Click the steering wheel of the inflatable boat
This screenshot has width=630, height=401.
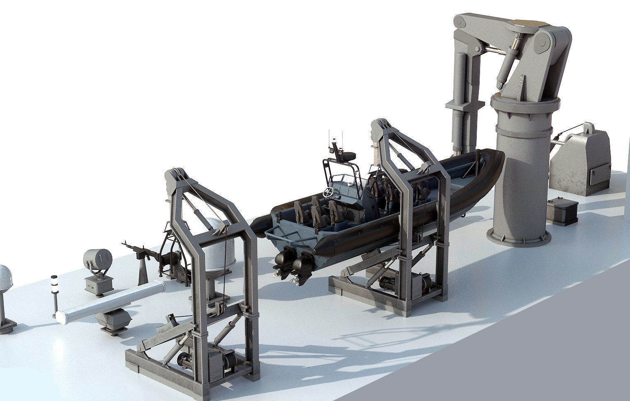[328, 192]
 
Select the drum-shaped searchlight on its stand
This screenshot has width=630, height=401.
[97, 259]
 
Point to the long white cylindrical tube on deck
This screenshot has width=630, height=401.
[110, 300]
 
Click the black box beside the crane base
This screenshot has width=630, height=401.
[562, 211]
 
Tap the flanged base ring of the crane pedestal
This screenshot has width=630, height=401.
[520, 239]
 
